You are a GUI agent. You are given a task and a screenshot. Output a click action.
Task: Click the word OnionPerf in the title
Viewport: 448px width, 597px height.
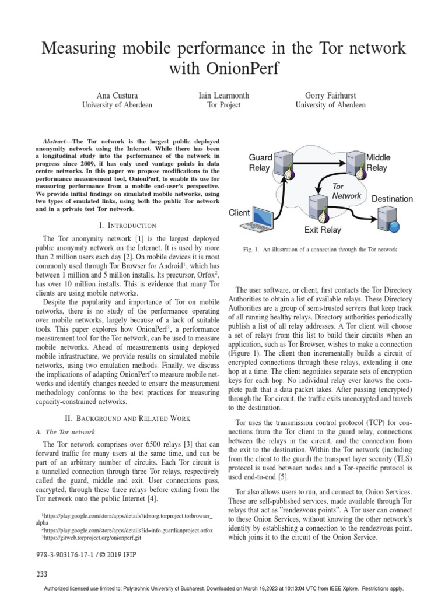[239, 69]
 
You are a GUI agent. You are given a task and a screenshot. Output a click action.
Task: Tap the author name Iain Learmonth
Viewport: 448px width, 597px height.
[224, 95]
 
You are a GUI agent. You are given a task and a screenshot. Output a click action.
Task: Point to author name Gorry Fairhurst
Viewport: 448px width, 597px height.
[330, 95]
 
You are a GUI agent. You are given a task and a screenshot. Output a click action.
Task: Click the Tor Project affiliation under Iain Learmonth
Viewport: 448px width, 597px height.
[224, 105]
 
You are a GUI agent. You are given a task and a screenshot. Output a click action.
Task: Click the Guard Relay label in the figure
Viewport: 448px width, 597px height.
[260, 163]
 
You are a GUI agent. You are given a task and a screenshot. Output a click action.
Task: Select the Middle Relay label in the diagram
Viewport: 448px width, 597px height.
[377, 163]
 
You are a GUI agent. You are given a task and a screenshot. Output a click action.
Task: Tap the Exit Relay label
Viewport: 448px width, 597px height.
[322, 230]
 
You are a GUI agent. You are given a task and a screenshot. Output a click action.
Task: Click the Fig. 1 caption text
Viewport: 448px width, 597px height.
[320, 250]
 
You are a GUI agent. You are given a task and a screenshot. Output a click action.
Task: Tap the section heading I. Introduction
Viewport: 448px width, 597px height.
[128, 225]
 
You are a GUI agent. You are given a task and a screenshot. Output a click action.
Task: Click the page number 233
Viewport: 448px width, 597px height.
[41, 574]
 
